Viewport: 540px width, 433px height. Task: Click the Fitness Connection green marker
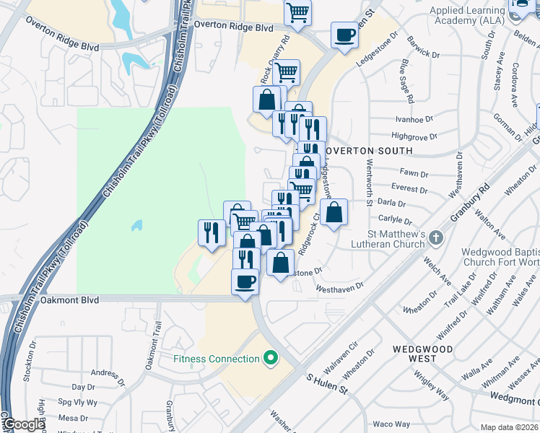pyautogui.click(x=271, y=357)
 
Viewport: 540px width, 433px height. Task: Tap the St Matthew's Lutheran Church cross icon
pyautogui.click(x=435, y=237)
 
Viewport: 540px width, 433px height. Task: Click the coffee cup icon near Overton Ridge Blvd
pyautogui.click(x=344, y=34)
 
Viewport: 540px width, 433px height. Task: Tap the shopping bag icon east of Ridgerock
pyautogui.click(x=334, y=213)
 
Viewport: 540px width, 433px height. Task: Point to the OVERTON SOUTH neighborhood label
pyautogui.click(x=368, y=151)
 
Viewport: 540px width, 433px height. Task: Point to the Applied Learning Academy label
pyautogui.click(x=476, y=15)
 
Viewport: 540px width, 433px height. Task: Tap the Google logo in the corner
pyautogui.click(x=24, y=424)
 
